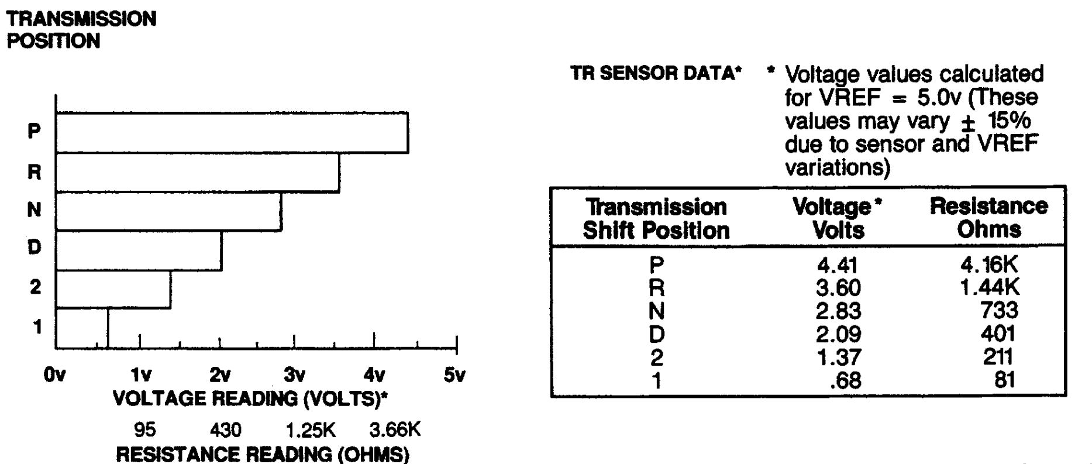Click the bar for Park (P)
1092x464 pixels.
pyautogui.click(x=232, y=133)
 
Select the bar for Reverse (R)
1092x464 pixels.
pyautogui.click(x=198, y=172)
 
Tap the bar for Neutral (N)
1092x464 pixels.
pyautogui.click(x=168, y=211)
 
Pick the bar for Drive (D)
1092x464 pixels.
pyautogui.click(x=139, y=251)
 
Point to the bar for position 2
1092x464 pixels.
pyautogui.click(x=113, y=290)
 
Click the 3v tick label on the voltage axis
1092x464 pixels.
pyautogui.click(x=294, y=375)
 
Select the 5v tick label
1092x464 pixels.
pyautogui.click(x=454, y=375)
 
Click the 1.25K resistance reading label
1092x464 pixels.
pyautogui.click(x=311, y=430)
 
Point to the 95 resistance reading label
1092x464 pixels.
pyautogui.click(x=145, y=430)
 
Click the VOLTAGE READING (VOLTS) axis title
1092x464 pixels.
pyautogui.click(x=250, y=399)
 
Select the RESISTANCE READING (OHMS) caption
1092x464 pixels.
pyautogui.click(x=263, y=454)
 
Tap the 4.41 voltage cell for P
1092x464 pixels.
pyautogui.click(x=838, y=266)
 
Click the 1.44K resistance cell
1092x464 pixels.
pyautogui.click(x=989, y=287)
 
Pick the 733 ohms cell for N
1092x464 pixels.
pyautogui.click(x=999, y=310)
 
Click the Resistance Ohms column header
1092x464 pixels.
pyautogui.click(x=988, y=218)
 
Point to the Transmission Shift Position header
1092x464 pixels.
pyautogui.click(x=656, y=219)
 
